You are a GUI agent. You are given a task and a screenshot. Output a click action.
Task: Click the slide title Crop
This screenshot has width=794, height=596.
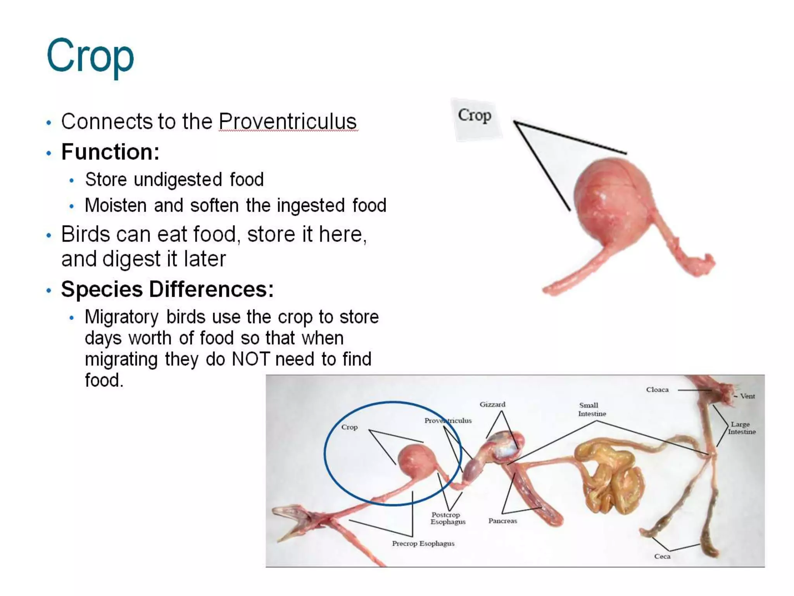click(x=90, y=56)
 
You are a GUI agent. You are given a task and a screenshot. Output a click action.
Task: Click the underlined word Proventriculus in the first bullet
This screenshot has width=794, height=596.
click(x=287, y=121)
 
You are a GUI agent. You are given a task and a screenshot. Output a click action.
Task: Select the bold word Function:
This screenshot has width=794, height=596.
click(x=110, y=152)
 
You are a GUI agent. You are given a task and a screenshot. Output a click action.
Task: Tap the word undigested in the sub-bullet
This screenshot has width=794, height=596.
click(x=178, y=180)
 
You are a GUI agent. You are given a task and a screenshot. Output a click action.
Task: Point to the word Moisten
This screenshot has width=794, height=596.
click(x=116, y=205)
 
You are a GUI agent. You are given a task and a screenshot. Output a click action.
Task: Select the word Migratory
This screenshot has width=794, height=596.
click(x=121, y=317)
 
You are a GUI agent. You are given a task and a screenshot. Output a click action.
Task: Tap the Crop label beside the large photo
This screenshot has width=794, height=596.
click(x=475, y=116)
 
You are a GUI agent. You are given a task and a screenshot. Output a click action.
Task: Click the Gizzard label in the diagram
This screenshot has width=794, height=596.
click(x=492, y=404)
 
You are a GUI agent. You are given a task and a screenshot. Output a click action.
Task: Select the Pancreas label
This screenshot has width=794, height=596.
click(x=502, y=521)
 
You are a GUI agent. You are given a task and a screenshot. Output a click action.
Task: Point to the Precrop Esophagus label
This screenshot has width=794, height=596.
click(x=423, y=543)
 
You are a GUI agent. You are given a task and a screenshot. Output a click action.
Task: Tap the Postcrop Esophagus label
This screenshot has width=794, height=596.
click(x=447, y=518)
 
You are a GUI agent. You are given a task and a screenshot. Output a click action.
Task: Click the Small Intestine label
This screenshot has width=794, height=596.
click(x=592, y=409)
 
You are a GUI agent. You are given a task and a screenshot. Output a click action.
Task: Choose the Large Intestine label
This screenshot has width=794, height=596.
click(x=741, y=428)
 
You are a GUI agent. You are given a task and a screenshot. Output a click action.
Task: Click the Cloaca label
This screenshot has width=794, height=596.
click(x=657, y=390)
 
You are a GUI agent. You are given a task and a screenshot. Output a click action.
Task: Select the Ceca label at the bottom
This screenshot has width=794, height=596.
click(x=662, y=556)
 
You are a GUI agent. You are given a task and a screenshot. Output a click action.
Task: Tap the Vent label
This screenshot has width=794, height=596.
click(x=747, y=396)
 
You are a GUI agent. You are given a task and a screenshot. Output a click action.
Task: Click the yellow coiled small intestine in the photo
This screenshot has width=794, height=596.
click(x=609, y=477)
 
